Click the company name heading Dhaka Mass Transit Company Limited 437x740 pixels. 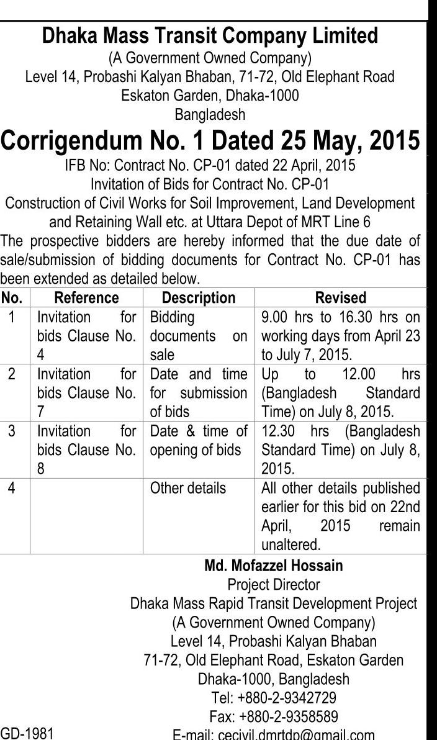[x=210, y=36]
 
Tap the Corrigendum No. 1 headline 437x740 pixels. [x=210, y=140]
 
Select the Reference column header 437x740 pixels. [x=86, y=297]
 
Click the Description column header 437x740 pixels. [x=199, y=297]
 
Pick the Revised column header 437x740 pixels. [x=341, y=297]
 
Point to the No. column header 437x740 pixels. [x=12, y=297]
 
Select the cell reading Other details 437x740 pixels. [x=188, y=488]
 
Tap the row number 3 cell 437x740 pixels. [x=12, y=431]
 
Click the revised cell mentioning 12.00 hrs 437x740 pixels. [x=341, y=393]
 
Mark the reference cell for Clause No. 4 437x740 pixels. [x=86, y=336]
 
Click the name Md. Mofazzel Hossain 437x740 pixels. [x=273, y=566]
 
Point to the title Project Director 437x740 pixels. [x=273, y=585]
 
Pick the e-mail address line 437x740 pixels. [x=273, y=734]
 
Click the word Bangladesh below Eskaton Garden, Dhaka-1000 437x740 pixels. [x=210, y=115]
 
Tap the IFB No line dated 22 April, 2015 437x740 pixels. [x=210, y=166]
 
